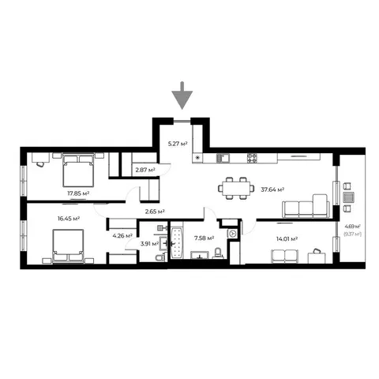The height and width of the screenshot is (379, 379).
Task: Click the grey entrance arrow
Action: [182, 96]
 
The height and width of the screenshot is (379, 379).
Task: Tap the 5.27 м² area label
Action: [178, 144]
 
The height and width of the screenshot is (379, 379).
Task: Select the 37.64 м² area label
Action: [272, 189]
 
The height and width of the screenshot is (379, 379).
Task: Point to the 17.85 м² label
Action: [78, 193]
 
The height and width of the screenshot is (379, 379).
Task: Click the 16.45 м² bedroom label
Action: [69, 219]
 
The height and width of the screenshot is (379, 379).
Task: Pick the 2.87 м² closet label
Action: [145, 170]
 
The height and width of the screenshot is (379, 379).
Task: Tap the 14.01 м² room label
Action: [287, 239]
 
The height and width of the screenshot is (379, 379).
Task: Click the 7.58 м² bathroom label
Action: [204, 238]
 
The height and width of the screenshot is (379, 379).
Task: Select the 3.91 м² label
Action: [149, 244]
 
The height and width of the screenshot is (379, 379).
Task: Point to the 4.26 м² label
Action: [122, 235]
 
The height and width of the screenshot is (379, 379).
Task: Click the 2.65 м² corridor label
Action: [155, 211]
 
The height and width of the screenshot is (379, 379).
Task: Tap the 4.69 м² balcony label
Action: [352, 226]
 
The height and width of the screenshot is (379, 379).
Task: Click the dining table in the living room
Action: [236, 188]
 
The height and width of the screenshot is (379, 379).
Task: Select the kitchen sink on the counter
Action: [223, 158]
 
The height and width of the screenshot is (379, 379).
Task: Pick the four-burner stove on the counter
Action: [252, 158]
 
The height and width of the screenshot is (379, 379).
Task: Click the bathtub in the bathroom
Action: [177, 242]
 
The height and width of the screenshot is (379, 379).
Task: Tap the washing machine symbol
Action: [232, 234]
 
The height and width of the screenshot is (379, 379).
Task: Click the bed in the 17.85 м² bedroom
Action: [78, 170]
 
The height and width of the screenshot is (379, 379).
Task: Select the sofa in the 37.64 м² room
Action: [306, 206]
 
